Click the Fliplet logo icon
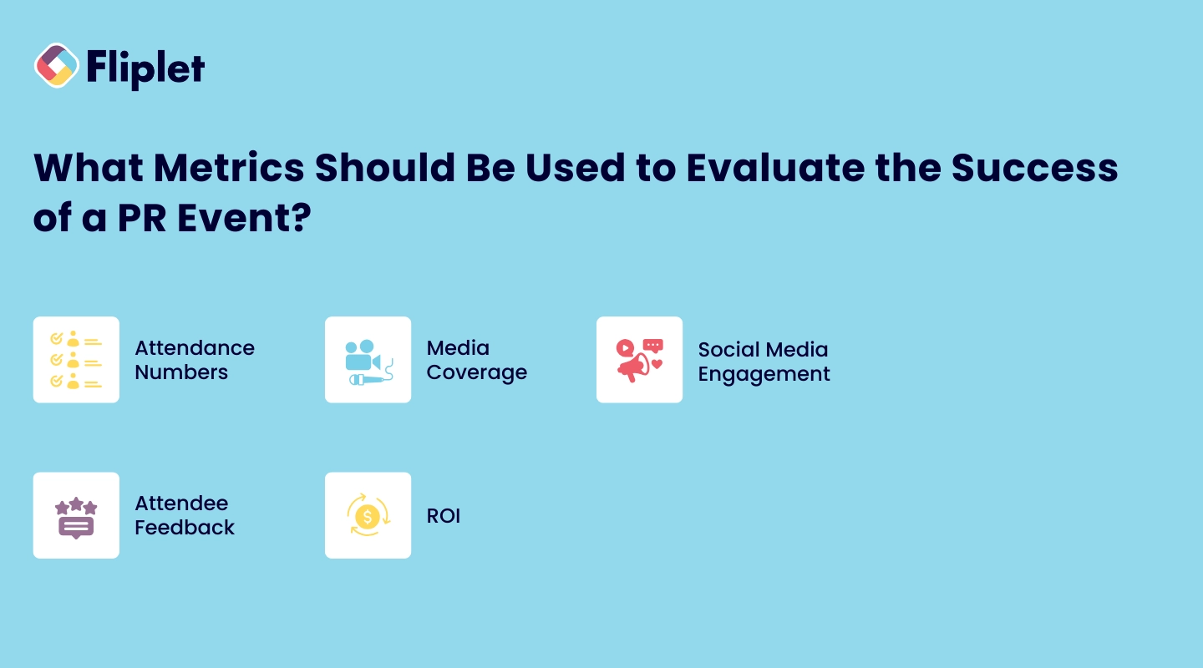tap(57, 65)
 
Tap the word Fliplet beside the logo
tap(145, 68)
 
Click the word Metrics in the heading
tap(229, 168)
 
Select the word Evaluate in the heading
tap(775, 168)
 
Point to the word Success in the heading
tap(1035, 168)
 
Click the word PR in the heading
tap(142, 217)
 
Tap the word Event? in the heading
tap(244, 217)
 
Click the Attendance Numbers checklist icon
tap(76, 360)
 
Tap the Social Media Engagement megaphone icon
tap(640, 360)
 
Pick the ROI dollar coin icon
tap(368, 515)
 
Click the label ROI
tap(444, 516)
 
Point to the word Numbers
tap(181, 372)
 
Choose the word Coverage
tap(477, 372)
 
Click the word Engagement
tap(764, 374)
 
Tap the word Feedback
tap(185, 528)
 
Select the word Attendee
tap(181, 504)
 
